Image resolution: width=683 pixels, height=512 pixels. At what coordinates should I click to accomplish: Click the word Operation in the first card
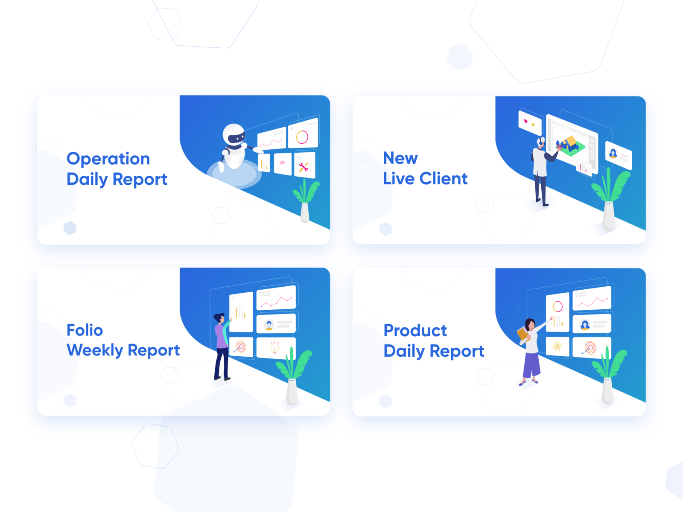pos(108,159)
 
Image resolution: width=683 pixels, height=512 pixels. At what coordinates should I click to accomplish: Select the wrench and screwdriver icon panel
pos(305,166)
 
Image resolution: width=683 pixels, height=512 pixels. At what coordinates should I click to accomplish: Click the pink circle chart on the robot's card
pos(302,137)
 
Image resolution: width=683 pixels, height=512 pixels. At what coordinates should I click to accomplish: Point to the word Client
pos(444,178)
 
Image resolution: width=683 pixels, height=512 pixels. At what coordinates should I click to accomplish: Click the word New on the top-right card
pos(400,158)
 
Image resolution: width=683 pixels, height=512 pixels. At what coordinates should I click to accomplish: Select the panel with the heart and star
pos(530,122)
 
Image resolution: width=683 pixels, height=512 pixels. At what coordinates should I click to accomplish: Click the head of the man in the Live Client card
pos(541,142)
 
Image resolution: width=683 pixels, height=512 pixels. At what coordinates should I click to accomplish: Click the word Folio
pos(85,330)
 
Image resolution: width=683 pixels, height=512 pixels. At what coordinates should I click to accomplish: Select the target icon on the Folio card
pos(240,346)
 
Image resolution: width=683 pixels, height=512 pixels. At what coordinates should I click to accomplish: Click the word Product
pos(415,330)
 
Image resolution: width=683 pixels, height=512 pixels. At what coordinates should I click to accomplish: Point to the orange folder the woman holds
pos(523,335)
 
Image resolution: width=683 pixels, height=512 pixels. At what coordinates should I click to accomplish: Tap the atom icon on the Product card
pos(557,346)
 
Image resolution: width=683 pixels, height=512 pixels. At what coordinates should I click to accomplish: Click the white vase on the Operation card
pos(305,212)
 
